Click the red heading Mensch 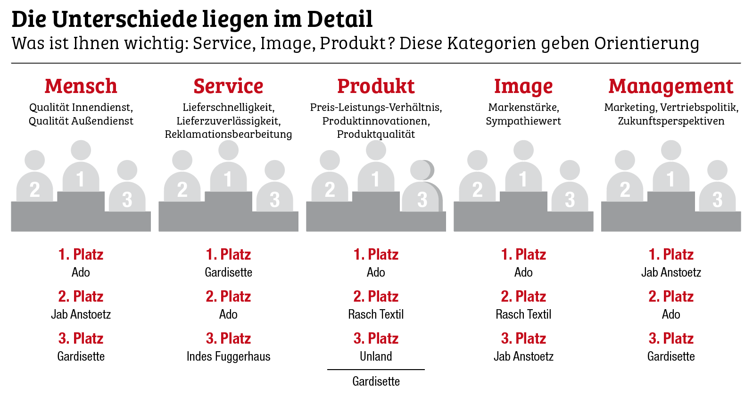[81, 86]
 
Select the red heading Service [228, 86]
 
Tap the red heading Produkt [376, 86]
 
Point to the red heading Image [523, 87]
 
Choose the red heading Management [671, 86]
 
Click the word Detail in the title [339, 19]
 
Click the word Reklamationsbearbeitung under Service [228, 134]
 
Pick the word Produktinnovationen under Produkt [376, 121]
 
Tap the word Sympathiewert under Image [523, 121]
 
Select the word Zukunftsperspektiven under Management [671, 121]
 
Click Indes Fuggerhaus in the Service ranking [228, 356]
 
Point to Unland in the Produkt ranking [376, 356]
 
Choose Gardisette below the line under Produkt [376, 381]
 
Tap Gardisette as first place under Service [228, 272]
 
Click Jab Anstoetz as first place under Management [671, 272]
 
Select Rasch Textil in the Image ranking [523, 314]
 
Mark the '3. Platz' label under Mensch [81, 338]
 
